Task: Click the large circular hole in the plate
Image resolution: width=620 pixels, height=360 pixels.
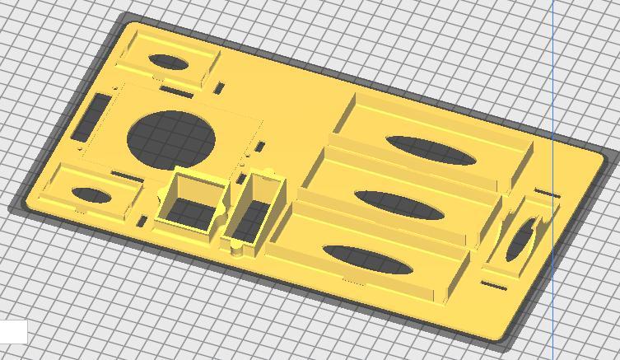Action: coord(174,137)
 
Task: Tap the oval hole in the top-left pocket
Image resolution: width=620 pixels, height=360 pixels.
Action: coord(166,62)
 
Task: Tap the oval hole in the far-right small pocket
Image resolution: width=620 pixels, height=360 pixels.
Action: coord(521,240)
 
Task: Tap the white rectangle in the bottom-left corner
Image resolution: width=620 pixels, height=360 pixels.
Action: coord(13,331)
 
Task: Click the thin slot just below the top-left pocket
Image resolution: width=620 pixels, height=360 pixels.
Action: coord(176,91)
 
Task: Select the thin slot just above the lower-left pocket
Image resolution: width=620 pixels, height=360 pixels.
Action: coord(125,175)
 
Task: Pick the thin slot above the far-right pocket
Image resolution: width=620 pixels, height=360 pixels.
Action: coord(547,194)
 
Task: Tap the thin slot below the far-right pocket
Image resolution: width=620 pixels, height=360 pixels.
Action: coord(492,286)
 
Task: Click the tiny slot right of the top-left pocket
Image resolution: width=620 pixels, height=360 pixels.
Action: coord(220,87)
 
